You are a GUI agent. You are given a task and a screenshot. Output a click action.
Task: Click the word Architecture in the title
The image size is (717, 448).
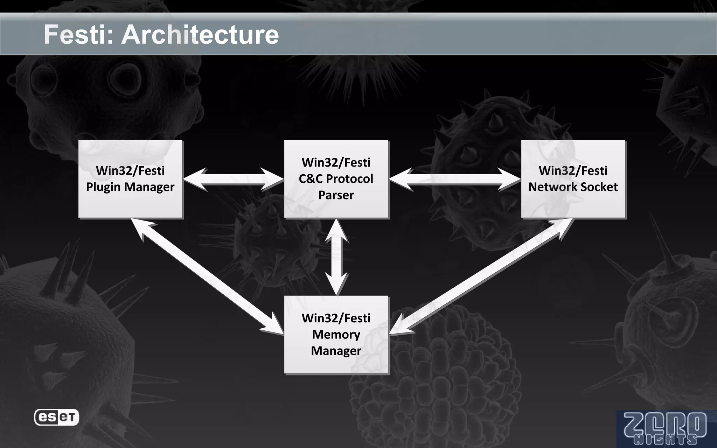click(x=200, y=35)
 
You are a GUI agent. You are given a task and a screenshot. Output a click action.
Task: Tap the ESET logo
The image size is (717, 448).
click(x=56, y=417)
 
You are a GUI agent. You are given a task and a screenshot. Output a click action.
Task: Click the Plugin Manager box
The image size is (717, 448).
click(x=130, y=179)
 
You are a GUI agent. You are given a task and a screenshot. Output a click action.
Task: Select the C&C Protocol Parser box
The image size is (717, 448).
click(x=336, y=179)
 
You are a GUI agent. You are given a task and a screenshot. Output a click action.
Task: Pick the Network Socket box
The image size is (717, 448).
click(x=573, y=179)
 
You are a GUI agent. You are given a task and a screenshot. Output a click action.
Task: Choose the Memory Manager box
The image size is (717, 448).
click(x=336, y=335)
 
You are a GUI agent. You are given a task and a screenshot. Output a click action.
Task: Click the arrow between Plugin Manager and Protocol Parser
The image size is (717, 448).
click(x=233, y=179)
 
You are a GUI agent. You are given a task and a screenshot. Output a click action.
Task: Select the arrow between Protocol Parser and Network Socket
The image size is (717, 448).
click(x=454, y=179)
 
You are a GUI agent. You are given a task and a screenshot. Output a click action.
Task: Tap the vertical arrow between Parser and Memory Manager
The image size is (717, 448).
click(x=336, y=257)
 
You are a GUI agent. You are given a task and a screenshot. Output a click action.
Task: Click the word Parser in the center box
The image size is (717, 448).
click(x=336, y=195)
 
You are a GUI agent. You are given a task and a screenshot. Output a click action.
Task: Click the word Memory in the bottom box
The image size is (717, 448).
click(x=336, y=335)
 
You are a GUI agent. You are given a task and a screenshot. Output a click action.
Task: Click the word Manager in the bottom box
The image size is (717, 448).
click(x=336, y=351)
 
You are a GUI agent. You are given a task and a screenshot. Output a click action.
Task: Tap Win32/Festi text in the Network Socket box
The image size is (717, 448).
click(x=573, y=170)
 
